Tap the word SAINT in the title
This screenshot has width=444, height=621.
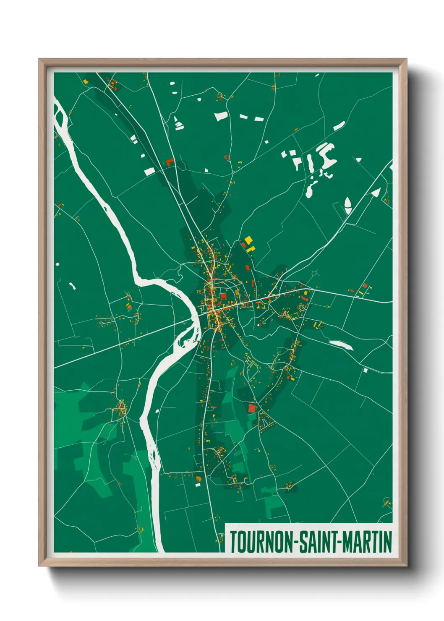tap(319, 542)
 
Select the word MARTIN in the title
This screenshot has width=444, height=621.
tap(367, 542)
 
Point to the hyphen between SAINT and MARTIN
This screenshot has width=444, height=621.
tap(340, 542)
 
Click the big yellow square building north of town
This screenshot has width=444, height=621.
tap(248, 240)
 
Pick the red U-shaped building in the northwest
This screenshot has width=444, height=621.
tap(170, 162)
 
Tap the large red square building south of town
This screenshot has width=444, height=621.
tap(252, 408)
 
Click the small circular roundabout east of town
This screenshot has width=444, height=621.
tap(314, 274)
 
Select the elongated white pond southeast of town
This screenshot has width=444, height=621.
tap(341, 344)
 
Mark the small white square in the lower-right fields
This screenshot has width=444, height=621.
tap(366, 370)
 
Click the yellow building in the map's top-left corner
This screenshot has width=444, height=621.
tap(86, 81)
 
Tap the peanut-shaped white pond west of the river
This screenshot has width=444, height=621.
tap(72, 286)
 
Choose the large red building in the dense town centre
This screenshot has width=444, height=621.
tap(223, 297)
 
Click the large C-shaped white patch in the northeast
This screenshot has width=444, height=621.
tap(326, 154)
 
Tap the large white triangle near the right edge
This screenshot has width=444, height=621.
tap(376, 193)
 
